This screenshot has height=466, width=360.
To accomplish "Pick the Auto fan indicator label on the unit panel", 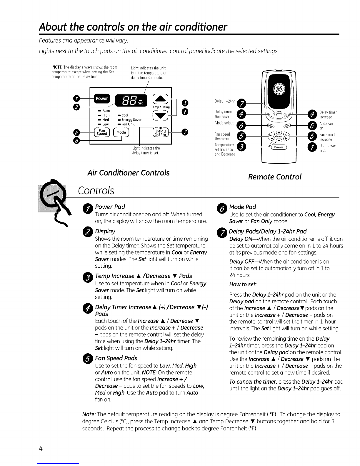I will (106, 111).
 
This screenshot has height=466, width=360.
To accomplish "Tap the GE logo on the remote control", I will (278, 88).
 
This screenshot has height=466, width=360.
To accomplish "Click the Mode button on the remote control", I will (270, 125).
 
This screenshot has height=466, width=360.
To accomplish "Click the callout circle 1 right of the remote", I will (312, 148).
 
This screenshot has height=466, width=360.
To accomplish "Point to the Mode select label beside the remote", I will (224, 123).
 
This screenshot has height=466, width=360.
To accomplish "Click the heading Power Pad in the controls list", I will (110, 207).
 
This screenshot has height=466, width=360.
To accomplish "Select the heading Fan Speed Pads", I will (116, 358).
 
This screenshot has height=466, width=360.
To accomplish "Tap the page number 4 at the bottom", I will (41, 448).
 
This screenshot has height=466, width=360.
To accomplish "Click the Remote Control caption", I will (275, 177).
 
